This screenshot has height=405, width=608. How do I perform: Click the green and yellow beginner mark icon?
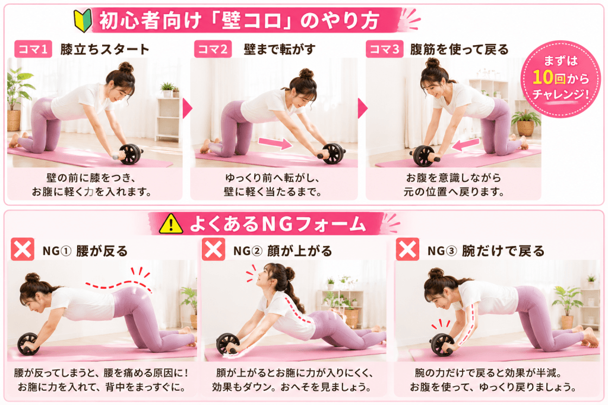(83, 20)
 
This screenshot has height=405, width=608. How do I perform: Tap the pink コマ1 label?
(33, 49)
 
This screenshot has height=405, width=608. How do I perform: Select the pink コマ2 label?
(213, 49)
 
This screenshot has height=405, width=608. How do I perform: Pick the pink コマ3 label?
(384, 49)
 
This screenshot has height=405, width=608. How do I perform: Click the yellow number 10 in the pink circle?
(542, 77)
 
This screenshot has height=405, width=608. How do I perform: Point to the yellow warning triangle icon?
(171, 224)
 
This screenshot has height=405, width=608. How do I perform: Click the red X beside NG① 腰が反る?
(23, 249)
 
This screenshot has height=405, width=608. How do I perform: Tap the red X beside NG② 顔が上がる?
(213, 249)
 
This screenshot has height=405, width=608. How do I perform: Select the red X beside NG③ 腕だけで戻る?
(407, 249)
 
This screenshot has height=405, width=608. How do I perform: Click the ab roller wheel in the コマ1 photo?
(130, 154)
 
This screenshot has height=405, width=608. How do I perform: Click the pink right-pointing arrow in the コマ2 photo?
(275, 143)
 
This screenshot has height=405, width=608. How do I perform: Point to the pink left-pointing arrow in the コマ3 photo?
(465, 145)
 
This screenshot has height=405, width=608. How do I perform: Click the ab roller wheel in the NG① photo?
(28, 343)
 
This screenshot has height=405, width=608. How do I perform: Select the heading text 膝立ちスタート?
(104, 49)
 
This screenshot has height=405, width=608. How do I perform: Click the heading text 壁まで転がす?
(280, 49)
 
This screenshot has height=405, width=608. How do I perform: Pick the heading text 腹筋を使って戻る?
(459, 49)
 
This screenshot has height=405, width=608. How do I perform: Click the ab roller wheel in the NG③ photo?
(442, 344)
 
